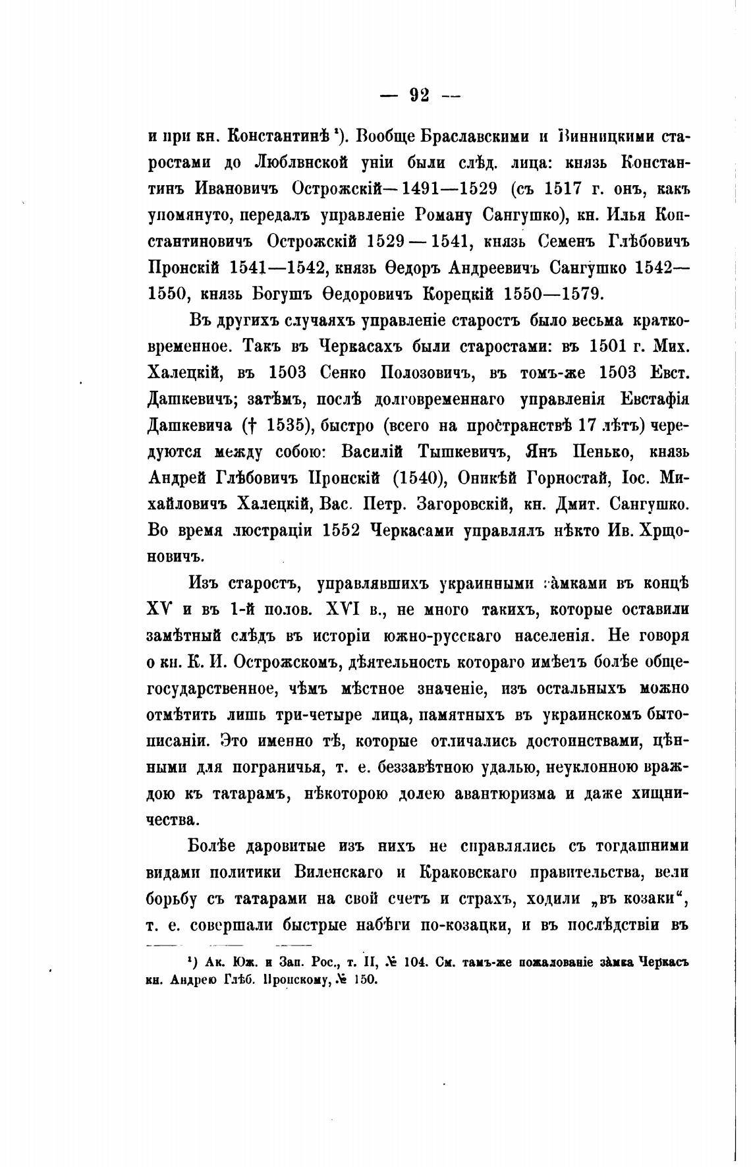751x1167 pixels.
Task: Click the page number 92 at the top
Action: pos(419,96)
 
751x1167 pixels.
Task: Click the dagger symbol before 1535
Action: pos(248,425)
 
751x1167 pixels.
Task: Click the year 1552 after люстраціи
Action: pos(341,530)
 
